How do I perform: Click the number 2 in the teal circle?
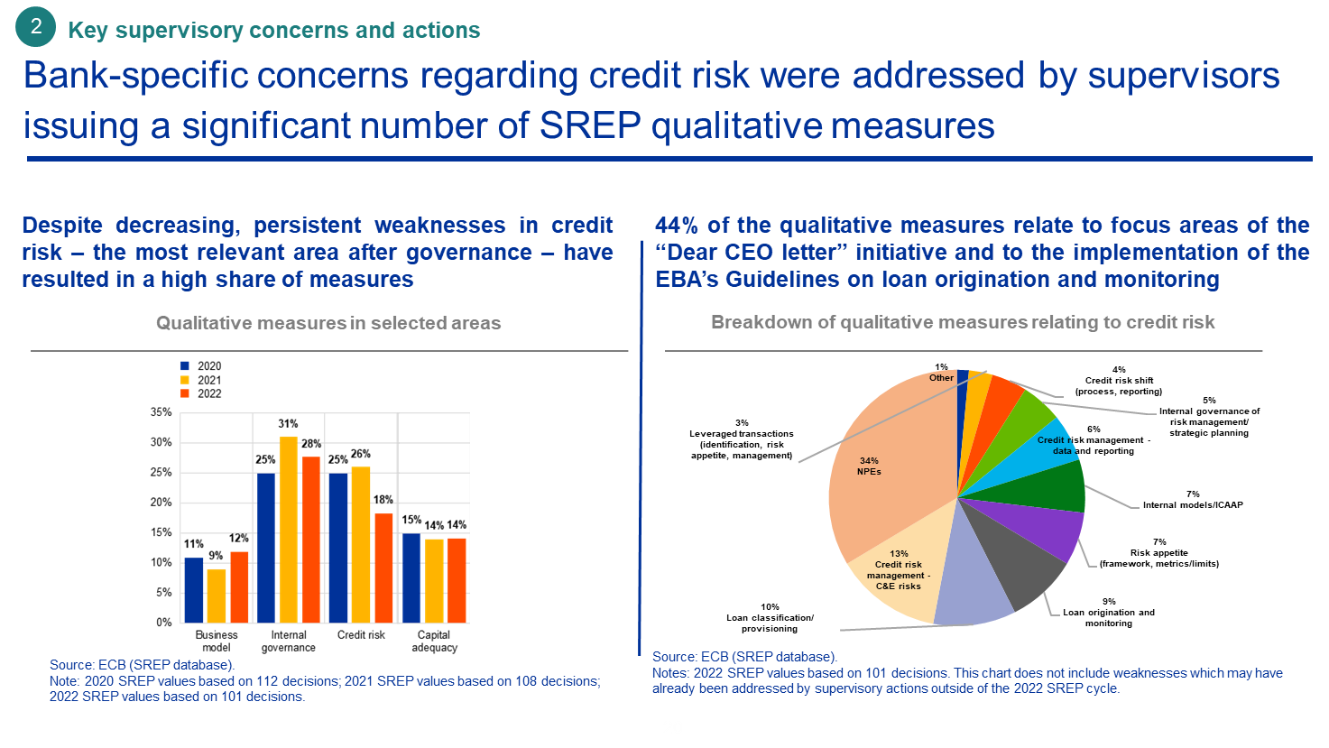[36, 28]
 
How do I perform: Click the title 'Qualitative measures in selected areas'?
[328, 323]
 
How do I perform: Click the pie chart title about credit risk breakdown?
[963, 322]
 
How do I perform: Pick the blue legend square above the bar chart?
[185, 365]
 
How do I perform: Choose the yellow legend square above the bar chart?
[185, 379]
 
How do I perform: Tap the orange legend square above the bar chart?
[185, 392]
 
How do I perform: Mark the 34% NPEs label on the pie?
[870, 466]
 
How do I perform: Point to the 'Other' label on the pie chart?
[941, 377]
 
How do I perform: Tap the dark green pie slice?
[1056, 486]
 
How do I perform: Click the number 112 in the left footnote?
[248, 681]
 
